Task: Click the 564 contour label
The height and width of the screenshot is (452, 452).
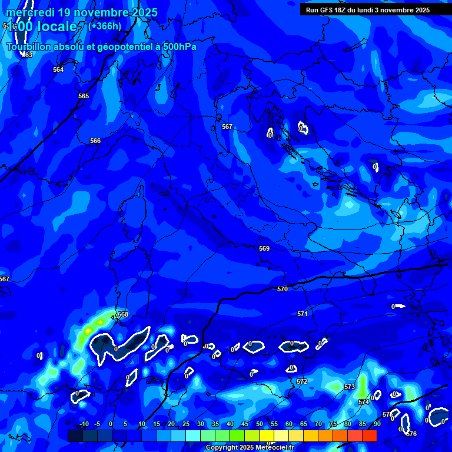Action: [58, 69]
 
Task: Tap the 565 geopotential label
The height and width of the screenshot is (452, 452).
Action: [84, 96]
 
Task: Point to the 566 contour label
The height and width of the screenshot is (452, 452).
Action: [95, 141]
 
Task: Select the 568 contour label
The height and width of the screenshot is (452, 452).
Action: [122, 314]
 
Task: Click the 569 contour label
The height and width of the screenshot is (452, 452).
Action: [264, 248]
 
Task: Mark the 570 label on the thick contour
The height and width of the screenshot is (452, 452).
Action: [282, 289]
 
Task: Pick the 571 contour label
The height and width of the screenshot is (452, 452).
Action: [303, 314]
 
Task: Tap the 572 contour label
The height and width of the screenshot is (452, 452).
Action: [302, 381]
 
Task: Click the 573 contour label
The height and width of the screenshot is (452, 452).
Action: [350, 387]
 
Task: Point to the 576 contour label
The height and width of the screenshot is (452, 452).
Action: [411, 434]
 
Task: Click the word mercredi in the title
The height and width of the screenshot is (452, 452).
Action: [29, 12]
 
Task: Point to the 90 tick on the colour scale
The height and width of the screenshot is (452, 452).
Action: [377, 424]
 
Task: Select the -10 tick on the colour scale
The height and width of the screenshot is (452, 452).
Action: [84, 424]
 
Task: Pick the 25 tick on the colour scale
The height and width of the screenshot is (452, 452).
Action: [185, 424]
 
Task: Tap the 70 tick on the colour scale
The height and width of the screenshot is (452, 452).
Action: [318, 424]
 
